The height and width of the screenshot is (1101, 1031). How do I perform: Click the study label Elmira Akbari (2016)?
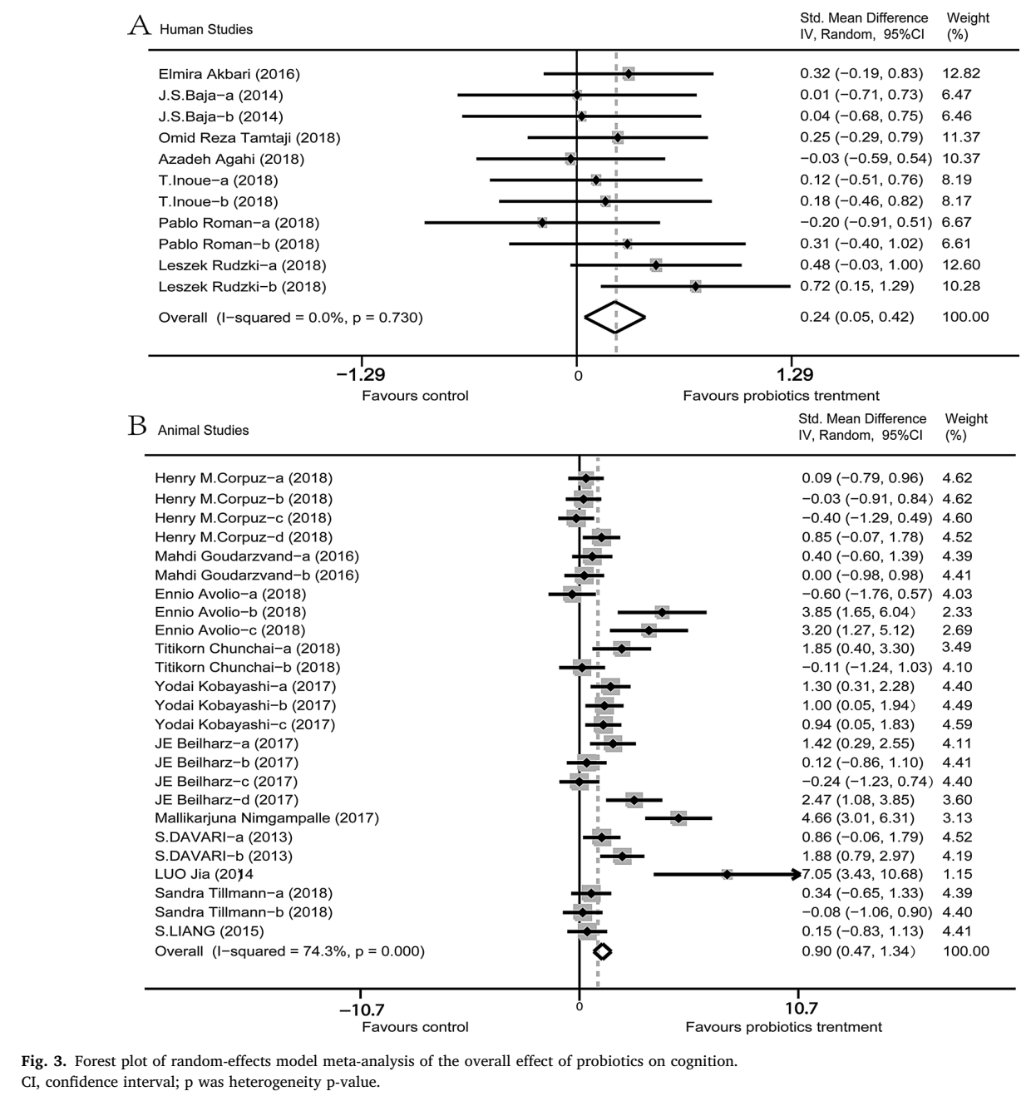tap(229, 74)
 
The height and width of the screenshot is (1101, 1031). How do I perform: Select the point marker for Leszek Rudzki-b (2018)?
tap(695, 287)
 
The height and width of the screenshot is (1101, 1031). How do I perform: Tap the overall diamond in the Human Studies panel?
tap(615, 317)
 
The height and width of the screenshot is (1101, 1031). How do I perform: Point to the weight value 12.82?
tap(961, 73)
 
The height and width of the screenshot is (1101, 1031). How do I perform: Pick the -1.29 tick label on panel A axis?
tap(361, 375)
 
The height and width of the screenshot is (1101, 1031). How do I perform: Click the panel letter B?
tap(138, 427)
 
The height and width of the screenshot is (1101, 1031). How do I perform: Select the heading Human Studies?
tap(206, 30)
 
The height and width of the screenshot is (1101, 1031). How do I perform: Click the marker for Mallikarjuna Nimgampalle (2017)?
tap(678, 818)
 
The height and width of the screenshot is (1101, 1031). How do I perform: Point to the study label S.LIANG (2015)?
tap(210, 931)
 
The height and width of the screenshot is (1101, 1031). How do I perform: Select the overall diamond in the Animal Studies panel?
tap(602, 951)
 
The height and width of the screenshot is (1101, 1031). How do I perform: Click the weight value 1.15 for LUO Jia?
tap(957, 874)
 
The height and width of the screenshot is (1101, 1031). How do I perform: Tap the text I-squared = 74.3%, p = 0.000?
tap(318, 951)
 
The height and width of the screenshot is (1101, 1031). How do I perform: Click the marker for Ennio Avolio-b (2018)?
tap(662, 613)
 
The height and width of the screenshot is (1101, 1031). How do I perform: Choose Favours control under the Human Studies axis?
tap(415, 396)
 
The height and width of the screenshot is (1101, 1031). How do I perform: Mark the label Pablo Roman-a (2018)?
tap(239, 223)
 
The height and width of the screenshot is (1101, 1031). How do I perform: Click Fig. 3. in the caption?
tap(46, 1061)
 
